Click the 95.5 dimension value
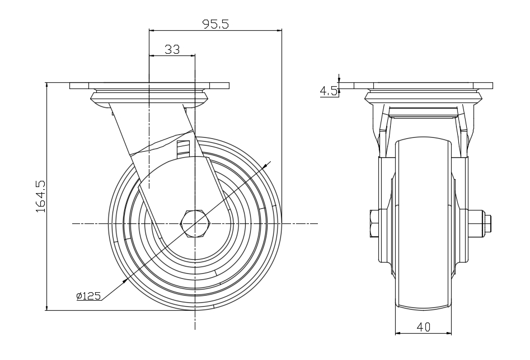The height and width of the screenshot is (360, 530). (x=215, y=24)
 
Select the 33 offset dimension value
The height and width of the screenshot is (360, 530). (x=172, y=49)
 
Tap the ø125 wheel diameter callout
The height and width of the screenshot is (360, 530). (x=89, y=296)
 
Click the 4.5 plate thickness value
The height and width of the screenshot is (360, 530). (x=329, y=90)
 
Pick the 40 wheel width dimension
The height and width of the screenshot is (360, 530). (x=423, y=326)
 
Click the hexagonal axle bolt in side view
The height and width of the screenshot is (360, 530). (x=194, y=223)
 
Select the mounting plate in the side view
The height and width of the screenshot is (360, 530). (x=149, y=86)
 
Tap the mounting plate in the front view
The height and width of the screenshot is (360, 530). (x=423, y=86)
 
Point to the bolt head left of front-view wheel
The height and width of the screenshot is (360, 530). (x=374, y=223)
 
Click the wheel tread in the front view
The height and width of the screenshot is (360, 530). (x=423, y=224)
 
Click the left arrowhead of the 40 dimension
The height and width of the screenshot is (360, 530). (x=398, y=333)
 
